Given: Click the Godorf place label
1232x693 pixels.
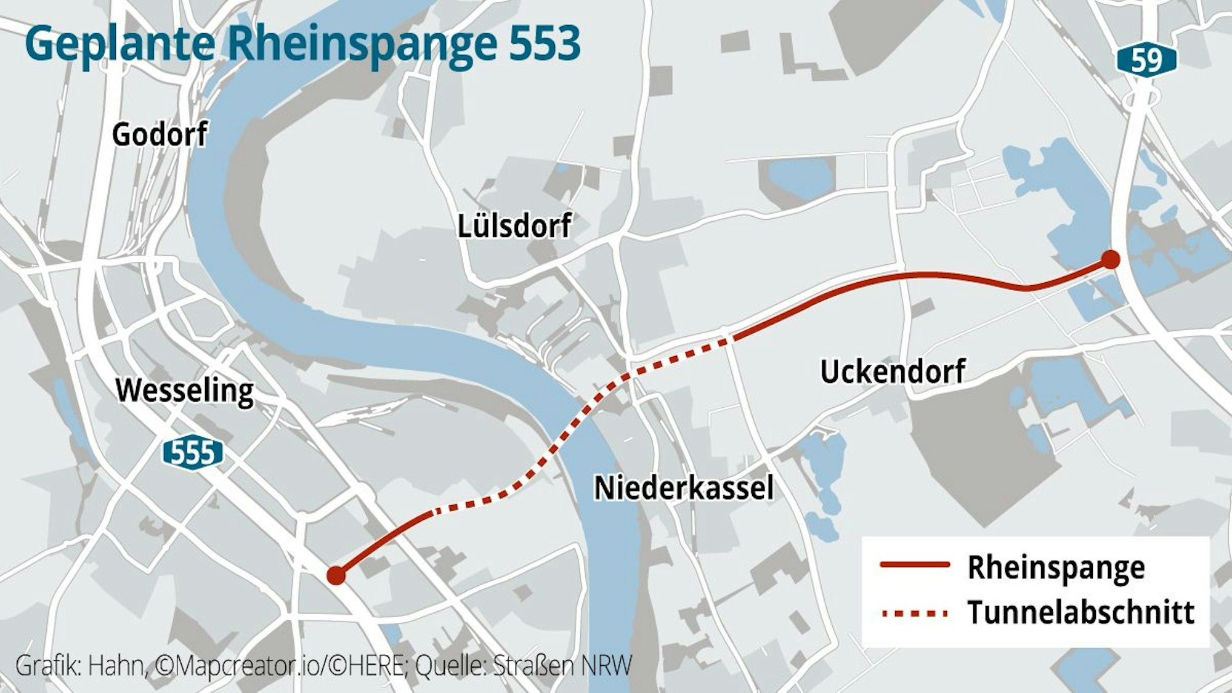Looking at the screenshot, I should pos(160,134).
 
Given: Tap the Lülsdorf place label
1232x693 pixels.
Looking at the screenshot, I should pos(514,226).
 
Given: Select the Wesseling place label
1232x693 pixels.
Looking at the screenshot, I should pos(185,391).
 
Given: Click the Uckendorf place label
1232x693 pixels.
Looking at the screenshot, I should pos(893,371).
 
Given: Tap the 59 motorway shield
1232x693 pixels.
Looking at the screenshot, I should pos(1146,60).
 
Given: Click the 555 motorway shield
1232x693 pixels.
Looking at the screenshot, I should pos(193,453).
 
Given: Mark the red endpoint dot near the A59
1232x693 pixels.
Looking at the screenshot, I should pos(1110,259).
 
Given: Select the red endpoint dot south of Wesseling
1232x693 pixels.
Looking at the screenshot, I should pos(336,575).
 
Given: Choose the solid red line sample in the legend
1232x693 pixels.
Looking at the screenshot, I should pos(915,564).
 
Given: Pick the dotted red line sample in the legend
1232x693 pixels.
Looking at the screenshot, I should pos(915,613).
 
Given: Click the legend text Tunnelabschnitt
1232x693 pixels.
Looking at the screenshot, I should pos(1080,612).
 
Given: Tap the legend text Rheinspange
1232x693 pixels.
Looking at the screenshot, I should pos(1056,567).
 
